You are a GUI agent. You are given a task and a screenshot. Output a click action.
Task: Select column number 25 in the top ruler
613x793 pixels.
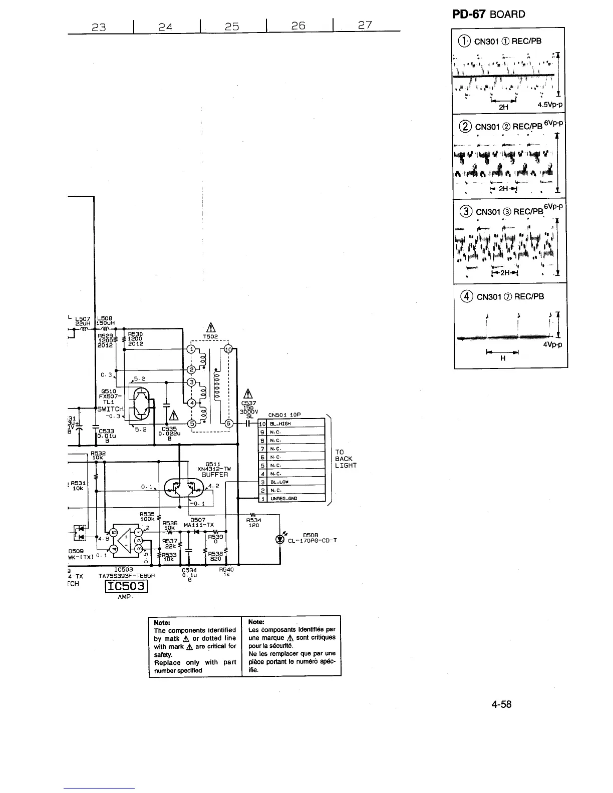(x=231, y=27)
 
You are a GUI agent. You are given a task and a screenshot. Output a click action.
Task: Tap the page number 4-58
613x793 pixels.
(x=501, y=704)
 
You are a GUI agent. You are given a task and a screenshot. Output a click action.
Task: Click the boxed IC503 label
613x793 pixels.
(x=125, y=586)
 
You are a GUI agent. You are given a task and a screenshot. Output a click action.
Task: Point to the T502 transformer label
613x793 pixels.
(x=211, y=336)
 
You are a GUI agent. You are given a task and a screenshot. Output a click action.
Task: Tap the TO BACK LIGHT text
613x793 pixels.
(x=346, y=459)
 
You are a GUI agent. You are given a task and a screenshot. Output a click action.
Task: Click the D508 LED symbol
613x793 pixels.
(x=279, y=539)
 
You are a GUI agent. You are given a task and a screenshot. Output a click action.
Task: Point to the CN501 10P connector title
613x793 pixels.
(x=284, y=415)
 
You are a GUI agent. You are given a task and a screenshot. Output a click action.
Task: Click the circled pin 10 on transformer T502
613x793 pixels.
(x=228, y=349)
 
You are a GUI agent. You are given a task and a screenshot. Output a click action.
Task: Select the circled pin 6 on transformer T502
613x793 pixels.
(x=228, y=423)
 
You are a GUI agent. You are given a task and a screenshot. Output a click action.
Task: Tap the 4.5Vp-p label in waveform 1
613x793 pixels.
(x=550, y=106)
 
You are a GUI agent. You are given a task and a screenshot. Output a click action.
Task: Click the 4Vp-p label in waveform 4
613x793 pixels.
(x=552, y=344)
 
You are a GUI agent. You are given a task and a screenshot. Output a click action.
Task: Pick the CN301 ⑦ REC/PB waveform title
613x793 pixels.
(x=509, y=297)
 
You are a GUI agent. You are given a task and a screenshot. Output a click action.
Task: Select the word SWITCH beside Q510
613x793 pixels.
(x=110, y=409)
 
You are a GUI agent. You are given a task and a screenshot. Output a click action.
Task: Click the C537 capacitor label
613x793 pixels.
(x=248, y=404)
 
